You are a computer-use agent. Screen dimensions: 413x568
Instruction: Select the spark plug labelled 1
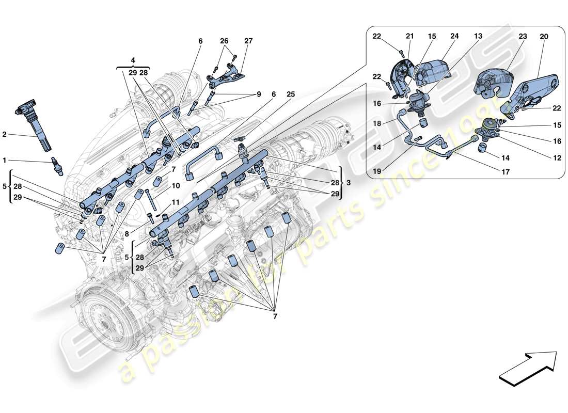point(56,167)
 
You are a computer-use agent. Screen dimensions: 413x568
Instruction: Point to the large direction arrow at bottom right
point(528,367)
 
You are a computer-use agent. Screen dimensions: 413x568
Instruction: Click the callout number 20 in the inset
point(544,37)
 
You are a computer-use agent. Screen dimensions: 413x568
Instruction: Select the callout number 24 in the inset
point(454,37)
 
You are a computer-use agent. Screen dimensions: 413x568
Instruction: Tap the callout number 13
point(479,37)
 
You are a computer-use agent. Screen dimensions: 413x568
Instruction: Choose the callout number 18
point(378,124)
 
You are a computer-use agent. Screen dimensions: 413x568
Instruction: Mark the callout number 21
point(410,37)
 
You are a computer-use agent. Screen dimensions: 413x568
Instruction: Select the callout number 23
point(523,37)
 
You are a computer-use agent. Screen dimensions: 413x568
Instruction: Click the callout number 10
point(176,185)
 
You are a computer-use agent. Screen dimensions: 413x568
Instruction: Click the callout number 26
point(224,41)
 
